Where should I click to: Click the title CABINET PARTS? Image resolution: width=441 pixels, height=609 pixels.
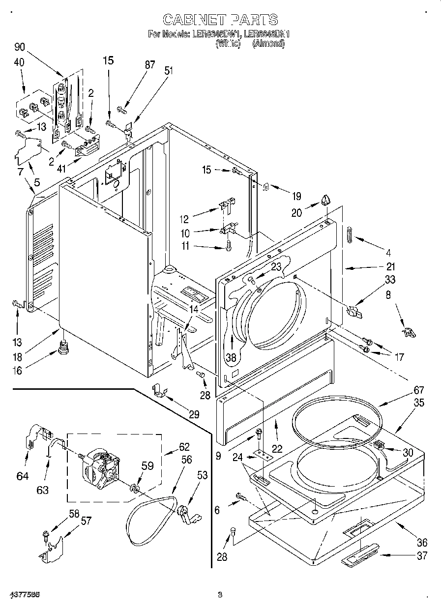pos(220,20)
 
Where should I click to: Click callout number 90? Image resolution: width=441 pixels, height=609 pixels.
pos(19,47)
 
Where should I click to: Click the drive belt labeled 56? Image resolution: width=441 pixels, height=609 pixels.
pos(150,519)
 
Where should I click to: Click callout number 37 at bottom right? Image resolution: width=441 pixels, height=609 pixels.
pos(421,556)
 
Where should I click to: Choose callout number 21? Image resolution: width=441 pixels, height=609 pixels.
pos(391,267)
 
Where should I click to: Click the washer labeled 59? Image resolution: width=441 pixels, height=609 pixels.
pos(135,489)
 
